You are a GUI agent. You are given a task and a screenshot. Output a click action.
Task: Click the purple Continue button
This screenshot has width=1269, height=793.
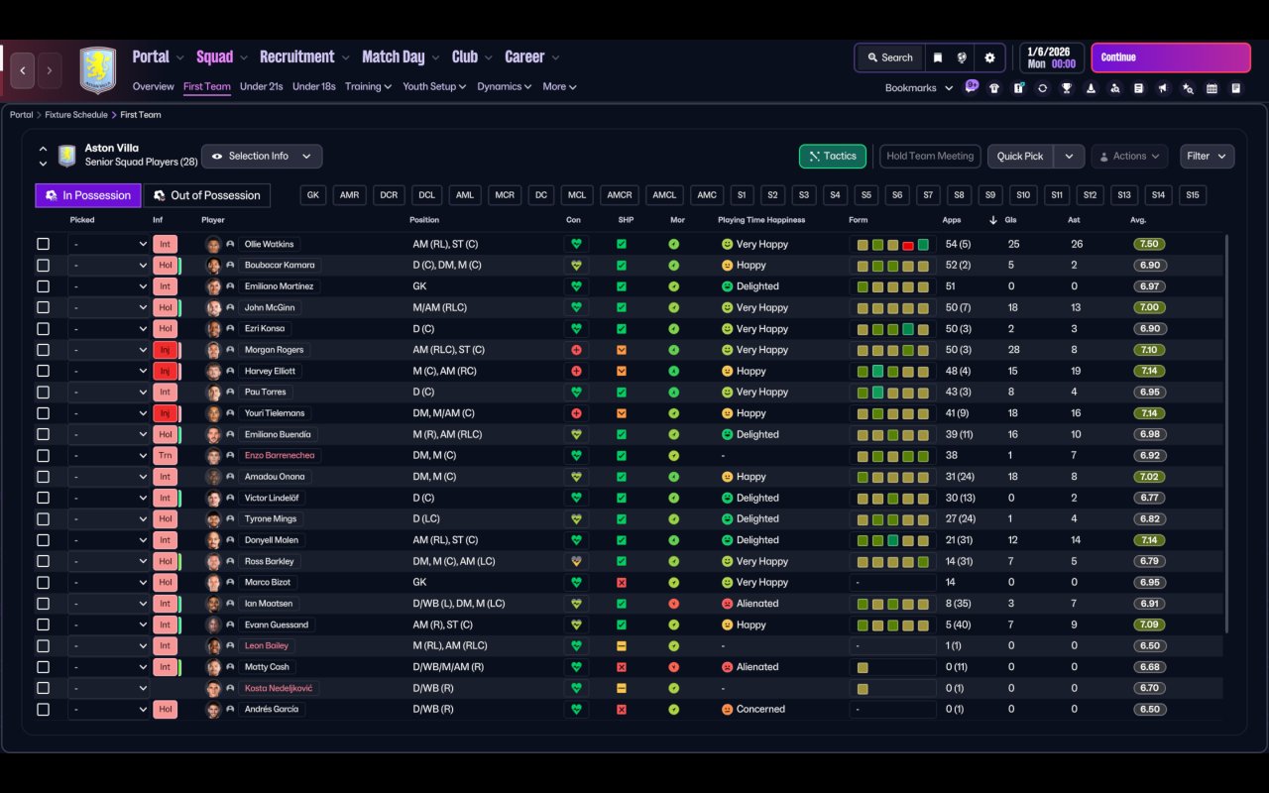(x=1170, y=57)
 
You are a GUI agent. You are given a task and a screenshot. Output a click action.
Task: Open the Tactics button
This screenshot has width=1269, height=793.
(x=833, y=157)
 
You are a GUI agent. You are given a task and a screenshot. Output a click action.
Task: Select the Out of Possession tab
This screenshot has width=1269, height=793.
(x=207, y=195)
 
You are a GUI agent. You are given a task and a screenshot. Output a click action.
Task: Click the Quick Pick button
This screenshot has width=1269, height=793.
(x=1019, y=157)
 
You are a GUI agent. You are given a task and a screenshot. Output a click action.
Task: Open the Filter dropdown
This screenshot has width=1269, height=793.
(x=1207, y=157)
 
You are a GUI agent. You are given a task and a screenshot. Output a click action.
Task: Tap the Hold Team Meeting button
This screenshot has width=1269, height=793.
(x=930, y=157)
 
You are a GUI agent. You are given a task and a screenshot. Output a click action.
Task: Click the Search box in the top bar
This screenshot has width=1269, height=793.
(x=889, y=57)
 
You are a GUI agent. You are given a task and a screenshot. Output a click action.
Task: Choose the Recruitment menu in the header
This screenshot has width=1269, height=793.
(x=297, y=57)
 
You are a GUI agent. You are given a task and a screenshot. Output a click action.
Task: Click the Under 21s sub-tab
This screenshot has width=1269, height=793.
(x=262, y=86)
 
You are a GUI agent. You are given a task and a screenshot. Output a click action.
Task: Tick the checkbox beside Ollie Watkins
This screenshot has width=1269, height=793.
(x=43, y=244)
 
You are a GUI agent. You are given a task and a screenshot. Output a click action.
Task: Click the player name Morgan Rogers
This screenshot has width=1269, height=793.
(x=274, y=350)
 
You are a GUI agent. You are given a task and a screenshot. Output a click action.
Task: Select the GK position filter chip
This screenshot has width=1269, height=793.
(x=313, y=195)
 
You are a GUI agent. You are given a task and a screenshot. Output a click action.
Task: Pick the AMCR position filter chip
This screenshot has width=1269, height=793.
(x=621, y=195)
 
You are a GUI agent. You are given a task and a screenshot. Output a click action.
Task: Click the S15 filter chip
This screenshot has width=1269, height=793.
(x=1192, y=195)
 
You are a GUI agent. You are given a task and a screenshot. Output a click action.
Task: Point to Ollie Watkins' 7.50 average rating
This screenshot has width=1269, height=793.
(x=1150, y=244)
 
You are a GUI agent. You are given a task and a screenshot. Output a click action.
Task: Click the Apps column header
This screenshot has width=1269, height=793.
(x=952, y=220)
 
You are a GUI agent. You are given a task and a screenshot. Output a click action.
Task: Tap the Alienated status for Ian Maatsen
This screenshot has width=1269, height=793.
(x=757, y=604)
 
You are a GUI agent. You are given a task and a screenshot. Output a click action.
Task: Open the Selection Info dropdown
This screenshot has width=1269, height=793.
(x=262, y=157)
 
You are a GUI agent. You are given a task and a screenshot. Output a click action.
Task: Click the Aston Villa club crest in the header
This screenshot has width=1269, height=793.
(x=97, y=69)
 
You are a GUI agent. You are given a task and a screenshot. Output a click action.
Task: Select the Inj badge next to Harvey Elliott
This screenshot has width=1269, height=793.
(x=165, y=371)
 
